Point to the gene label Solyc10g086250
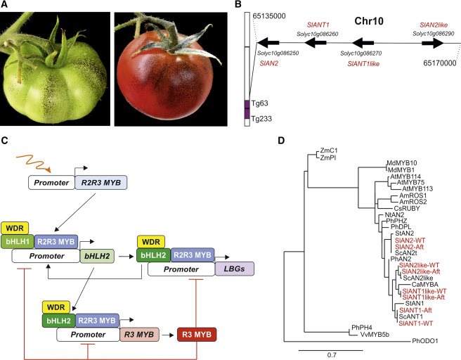point(278,53)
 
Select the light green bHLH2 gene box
point(96,256)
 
